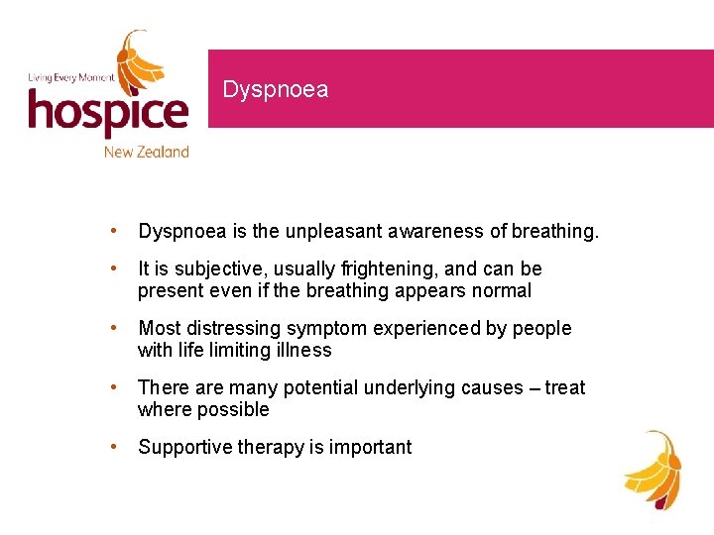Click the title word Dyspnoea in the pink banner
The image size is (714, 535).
coord(275,90)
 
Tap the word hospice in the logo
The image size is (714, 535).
coord(107,114)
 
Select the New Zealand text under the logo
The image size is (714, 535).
coord(146,152)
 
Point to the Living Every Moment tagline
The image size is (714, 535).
coord(70,76)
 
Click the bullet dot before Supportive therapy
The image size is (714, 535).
coord(117,447)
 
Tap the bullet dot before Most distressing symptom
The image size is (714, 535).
coord(117,328)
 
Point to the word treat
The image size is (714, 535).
coord(565,387)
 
